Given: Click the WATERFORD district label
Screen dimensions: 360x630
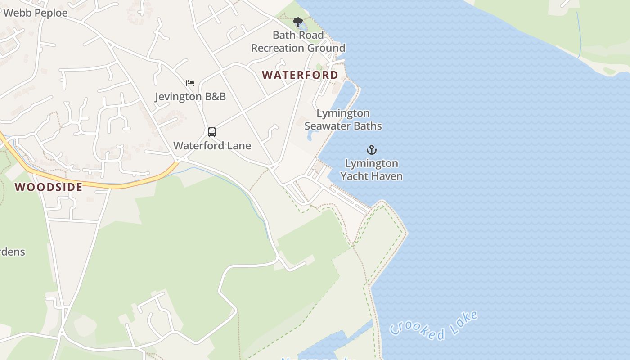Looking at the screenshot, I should [x=300, y=75].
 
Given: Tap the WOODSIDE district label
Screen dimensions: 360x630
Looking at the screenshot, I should [x=49, y=187].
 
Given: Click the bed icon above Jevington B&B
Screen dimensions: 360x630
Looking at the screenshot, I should [x=190, y=83].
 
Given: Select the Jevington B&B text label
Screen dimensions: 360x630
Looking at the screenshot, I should [x=190, y=96].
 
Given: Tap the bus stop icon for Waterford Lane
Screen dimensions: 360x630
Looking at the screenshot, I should [x=212, y=132].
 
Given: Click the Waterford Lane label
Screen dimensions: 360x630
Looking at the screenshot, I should [x=212, y=146].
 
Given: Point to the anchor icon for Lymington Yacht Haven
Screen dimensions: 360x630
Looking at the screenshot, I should [x=371, y=150].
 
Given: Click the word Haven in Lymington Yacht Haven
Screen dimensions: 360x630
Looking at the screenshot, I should [x=388, y=176].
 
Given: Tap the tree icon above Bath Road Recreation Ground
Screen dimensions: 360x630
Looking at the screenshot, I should [x=297, y=22].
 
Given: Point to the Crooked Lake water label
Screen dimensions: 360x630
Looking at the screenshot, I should [x=433, y=326].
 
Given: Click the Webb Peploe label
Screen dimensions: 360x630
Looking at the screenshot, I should [x=35, y=13].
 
